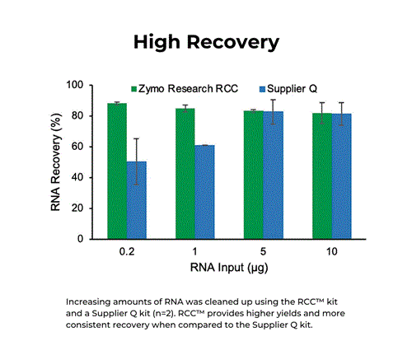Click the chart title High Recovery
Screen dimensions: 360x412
pyautogui.click(x=207, y=41)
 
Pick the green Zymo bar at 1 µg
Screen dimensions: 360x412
pyautogui.click(x=185, y=174)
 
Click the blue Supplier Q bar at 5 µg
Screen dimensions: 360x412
pyautogui.click(x=273, y=175)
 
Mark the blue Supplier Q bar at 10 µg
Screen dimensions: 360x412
pyautogui.click(x=341, y=176)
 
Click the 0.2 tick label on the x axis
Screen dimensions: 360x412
pyautogui.click(x=126, y=251)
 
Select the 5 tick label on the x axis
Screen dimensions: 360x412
pyautogui.click(x=263, y=251)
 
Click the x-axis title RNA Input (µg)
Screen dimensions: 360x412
pyautogui.click(x=229, y=269)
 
